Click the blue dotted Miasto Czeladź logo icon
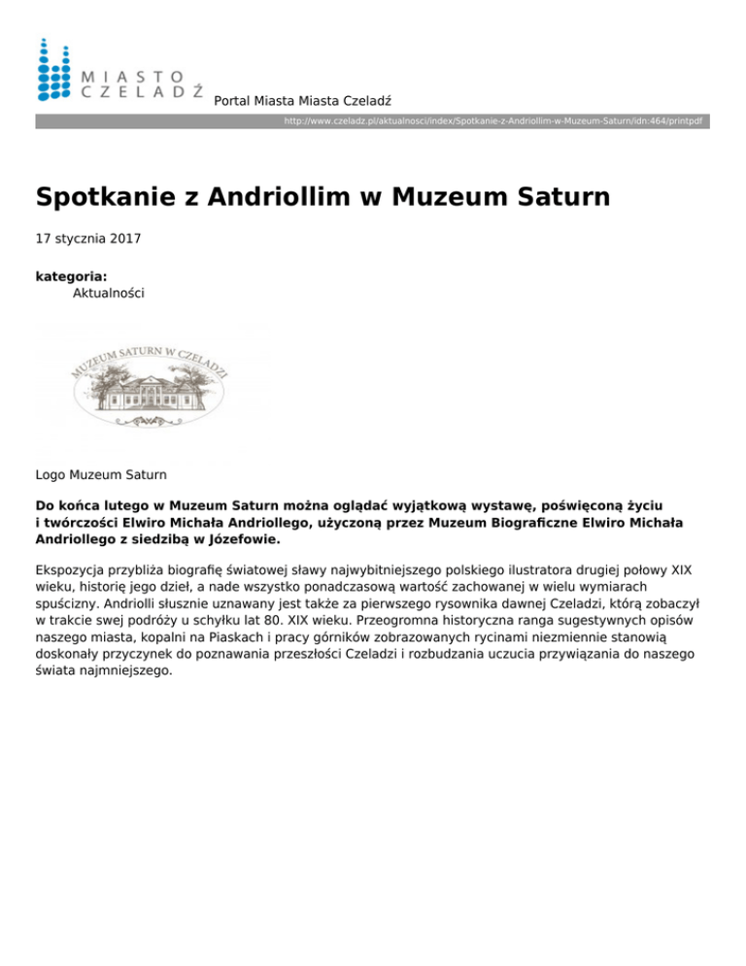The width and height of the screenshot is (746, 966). click(x=53, y=69)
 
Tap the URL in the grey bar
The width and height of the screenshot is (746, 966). click(x=492, y=121)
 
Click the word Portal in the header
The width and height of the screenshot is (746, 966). click(x=231, y=100)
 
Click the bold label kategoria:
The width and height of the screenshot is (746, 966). click(x=71, y=277)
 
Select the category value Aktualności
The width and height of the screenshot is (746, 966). click(x=109, y=293)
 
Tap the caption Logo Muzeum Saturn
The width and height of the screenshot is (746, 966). click(x=101, y=475)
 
